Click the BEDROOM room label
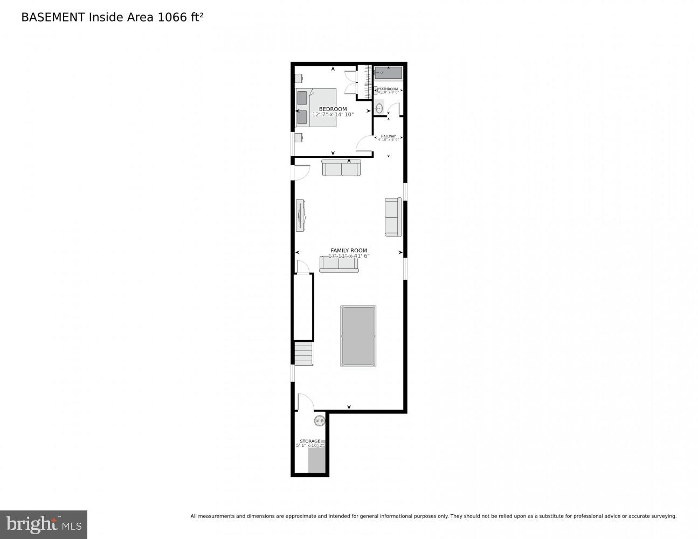333,109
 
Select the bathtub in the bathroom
388,73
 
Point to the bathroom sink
379,107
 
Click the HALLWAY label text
388,136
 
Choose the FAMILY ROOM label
349,251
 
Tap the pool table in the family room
358,336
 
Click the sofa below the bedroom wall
341,168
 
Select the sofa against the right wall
393,217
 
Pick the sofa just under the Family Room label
339,264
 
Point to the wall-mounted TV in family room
300,216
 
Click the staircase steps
304,354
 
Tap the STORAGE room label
310,441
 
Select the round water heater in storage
320,421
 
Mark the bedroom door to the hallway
364,143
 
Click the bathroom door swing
393,110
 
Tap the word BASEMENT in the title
53,17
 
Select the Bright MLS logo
44,524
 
